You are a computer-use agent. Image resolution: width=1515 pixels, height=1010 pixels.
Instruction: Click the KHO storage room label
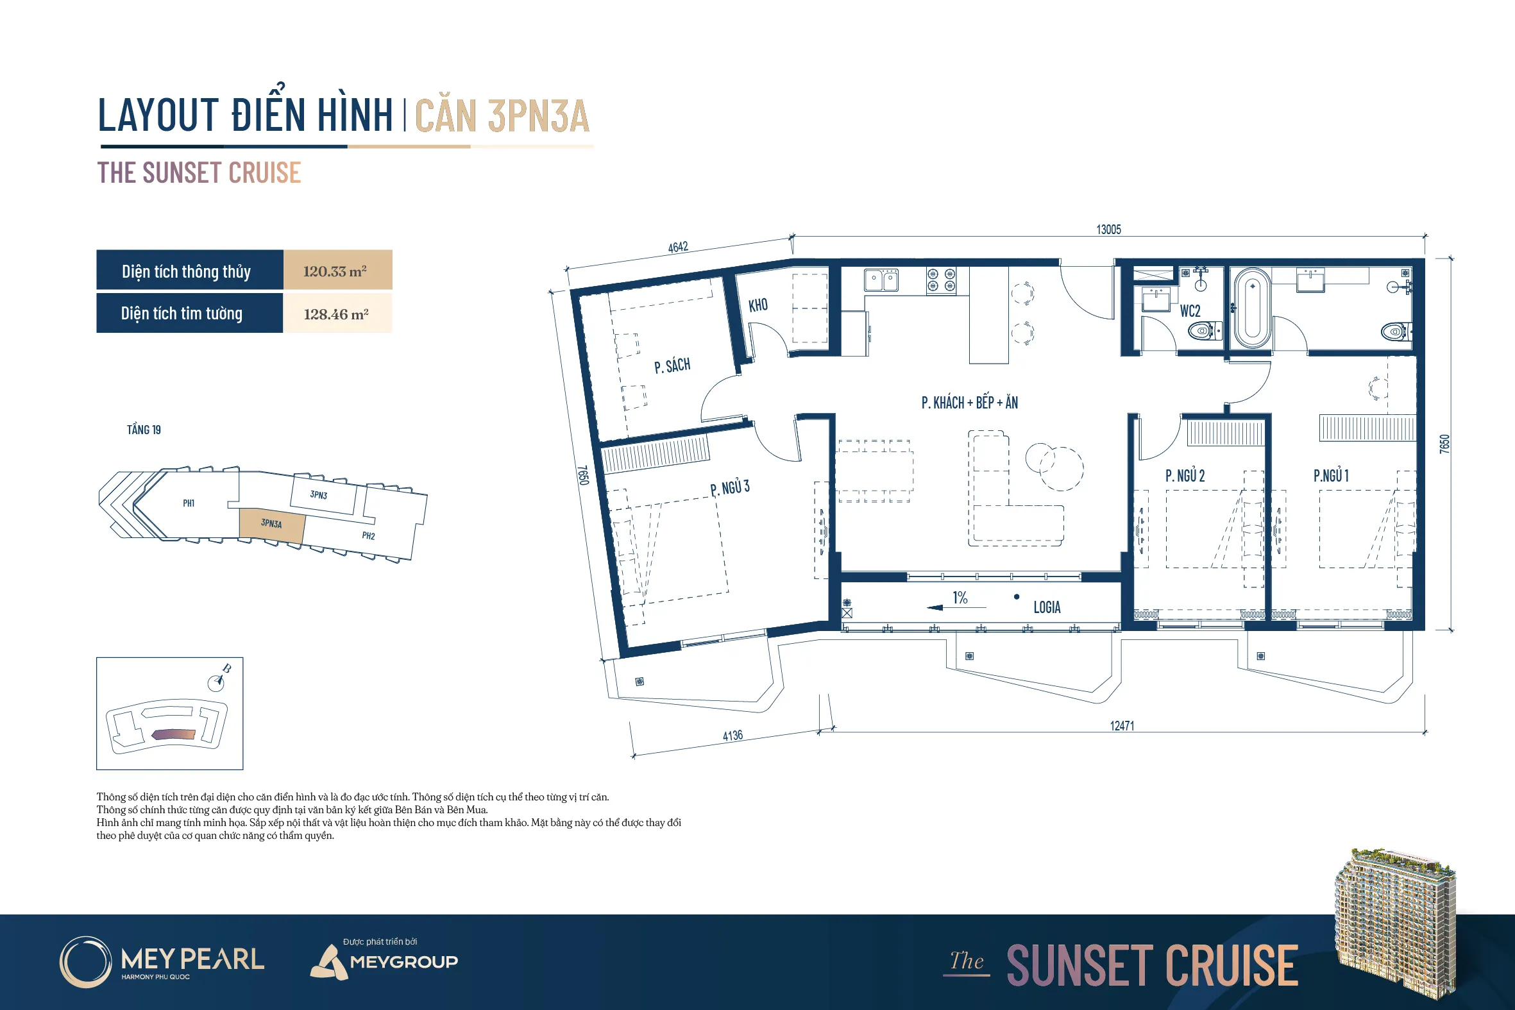[758, 305]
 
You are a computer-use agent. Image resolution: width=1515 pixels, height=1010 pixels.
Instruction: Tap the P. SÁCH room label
[672, 366]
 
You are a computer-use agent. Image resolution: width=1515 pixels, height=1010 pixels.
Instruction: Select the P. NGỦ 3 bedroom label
[730, 487]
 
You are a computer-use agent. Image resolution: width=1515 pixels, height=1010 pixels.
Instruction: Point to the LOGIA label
[1047, 607]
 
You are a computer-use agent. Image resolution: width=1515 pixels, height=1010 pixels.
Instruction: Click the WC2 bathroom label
[1190, 311]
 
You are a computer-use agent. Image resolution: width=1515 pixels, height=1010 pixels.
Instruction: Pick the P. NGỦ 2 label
[1185, 475]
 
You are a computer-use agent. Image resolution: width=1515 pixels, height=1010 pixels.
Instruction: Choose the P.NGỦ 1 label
[1331, 475]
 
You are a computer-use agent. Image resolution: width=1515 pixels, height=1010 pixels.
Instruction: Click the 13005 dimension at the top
[1108, 230]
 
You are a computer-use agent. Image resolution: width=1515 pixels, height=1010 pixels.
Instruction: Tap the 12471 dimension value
[1121, 726]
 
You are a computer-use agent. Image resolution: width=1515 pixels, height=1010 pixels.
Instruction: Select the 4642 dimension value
[677, 247]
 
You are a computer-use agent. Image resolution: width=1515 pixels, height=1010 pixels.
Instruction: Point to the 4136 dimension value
[732, 736]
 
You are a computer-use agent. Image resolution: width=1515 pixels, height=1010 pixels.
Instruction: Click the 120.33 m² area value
[335, 271]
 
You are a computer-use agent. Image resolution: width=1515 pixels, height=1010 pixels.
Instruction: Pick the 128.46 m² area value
[336, 314]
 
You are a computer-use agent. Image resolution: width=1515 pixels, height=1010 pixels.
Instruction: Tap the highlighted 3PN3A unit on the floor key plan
[271, 525]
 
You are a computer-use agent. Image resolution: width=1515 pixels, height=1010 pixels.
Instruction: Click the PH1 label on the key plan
[189, 503]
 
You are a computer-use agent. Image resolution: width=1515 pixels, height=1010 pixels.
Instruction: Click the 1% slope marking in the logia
[960, 598]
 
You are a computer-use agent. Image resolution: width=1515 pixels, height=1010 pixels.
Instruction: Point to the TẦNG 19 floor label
[144, 430]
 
